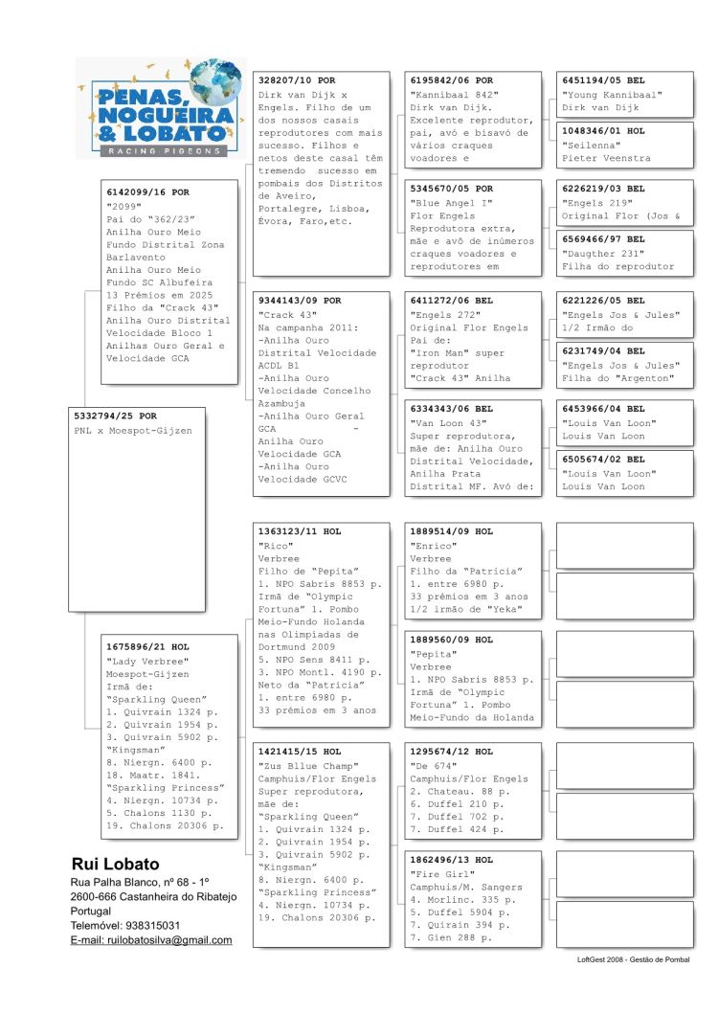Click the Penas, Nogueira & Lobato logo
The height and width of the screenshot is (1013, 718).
pos(161,107)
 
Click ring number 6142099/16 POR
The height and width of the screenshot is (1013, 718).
pos(147,192)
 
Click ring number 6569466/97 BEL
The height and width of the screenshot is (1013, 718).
pos(603,239)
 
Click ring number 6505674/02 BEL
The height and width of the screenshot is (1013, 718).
pos(603,460)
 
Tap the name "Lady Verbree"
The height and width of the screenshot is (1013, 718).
pos(147,661)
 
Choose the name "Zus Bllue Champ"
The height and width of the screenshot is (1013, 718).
pos(305,765)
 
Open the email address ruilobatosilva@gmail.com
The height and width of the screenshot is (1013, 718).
pos(151,940)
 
